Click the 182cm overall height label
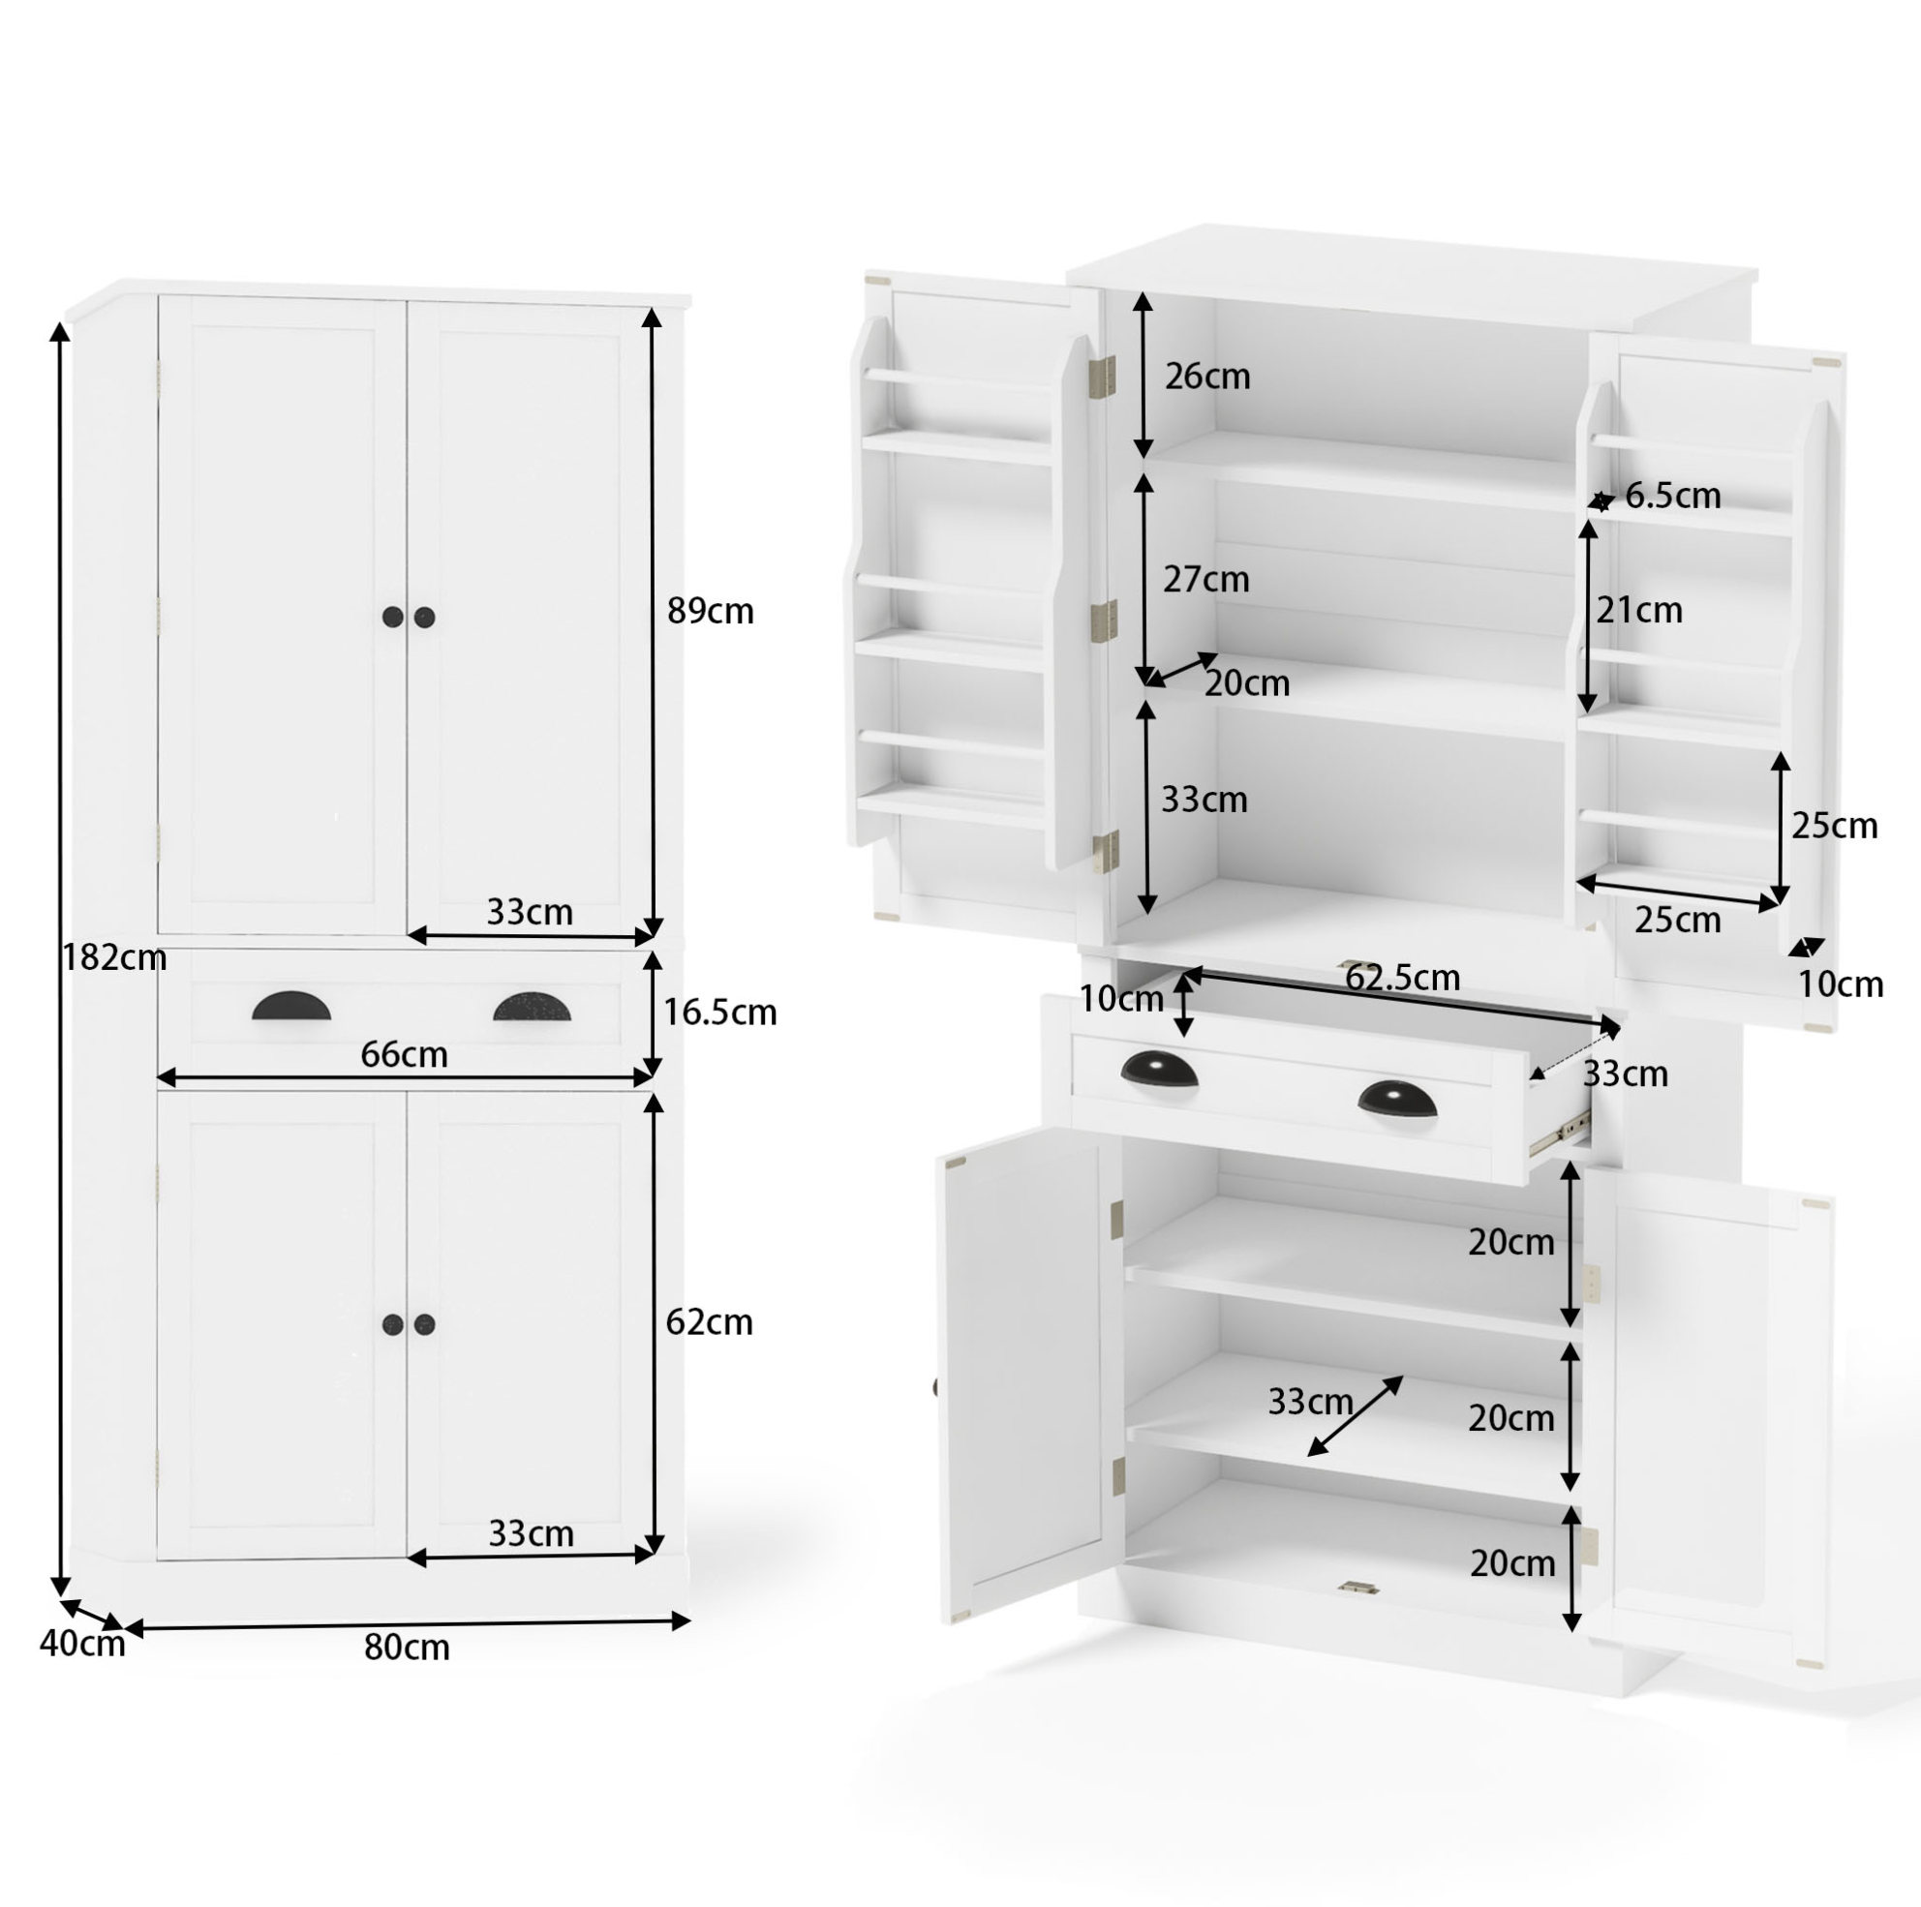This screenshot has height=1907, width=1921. [114, 957]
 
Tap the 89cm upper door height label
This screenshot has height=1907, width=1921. [710, 611]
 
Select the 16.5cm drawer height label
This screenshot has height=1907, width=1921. [718, 1013]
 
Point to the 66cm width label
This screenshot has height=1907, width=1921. [404, 1054]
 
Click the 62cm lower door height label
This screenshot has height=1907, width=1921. [709, 1322]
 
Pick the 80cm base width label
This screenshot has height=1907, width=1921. [407, 1648]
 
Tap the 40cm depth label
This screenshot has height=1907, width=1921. [82, 1644]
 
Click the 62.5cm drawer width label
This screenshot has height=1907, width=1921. [1402, 979]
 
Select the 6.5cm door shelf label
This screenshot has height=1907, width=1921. [1672, 496]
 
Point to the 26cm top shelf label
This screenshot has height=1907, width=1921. [1207, 376]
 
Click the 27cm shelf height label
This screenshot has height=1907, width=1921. [1206, 579]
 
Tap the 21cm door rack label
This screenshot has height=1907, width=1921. [1639, 610]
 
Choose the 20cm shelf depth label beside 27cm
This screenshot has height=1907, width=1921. [1247, 683]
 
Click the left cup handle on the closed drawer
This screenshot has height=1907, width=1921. [291, 1006]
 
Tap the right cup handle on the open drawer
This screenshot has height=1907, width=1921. [1397, 1098]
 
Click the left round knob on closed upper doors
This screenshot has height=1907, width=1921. [393, 617]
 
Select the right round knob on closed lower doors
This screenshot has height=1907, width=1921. [424, 1324]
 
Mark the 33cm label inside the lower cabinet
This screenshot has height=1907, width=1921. [1310, 1402]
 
